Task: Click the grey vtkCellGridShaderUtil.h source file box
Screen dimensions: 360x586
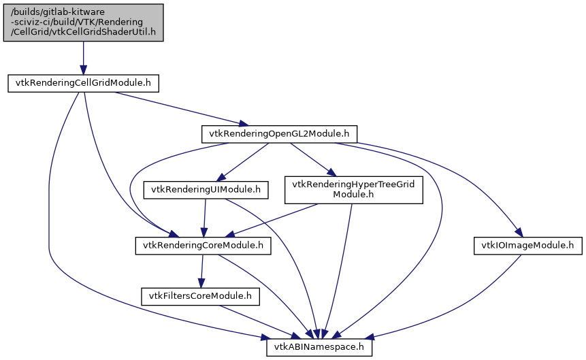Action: pos(83,22)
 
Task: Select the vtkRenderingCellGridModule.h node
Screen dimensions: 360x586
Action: pos(83,84)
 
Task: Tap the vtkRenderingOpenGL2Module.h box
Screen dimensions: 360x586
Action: pos(279,133)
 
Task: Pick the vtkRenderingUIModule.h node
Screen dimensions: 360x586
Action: pos(206,189)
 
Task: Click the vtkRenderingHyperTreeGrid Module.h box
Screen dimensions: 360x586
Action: pos(353,189)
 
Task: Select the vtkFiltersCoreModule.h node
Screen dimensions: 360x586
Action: pos(201,296)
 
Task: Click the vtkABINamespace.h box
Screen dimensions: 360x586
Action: pos(319,347)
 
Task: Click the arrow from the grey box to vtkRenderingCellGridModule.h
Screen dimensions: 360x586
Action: pos(83,58)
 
